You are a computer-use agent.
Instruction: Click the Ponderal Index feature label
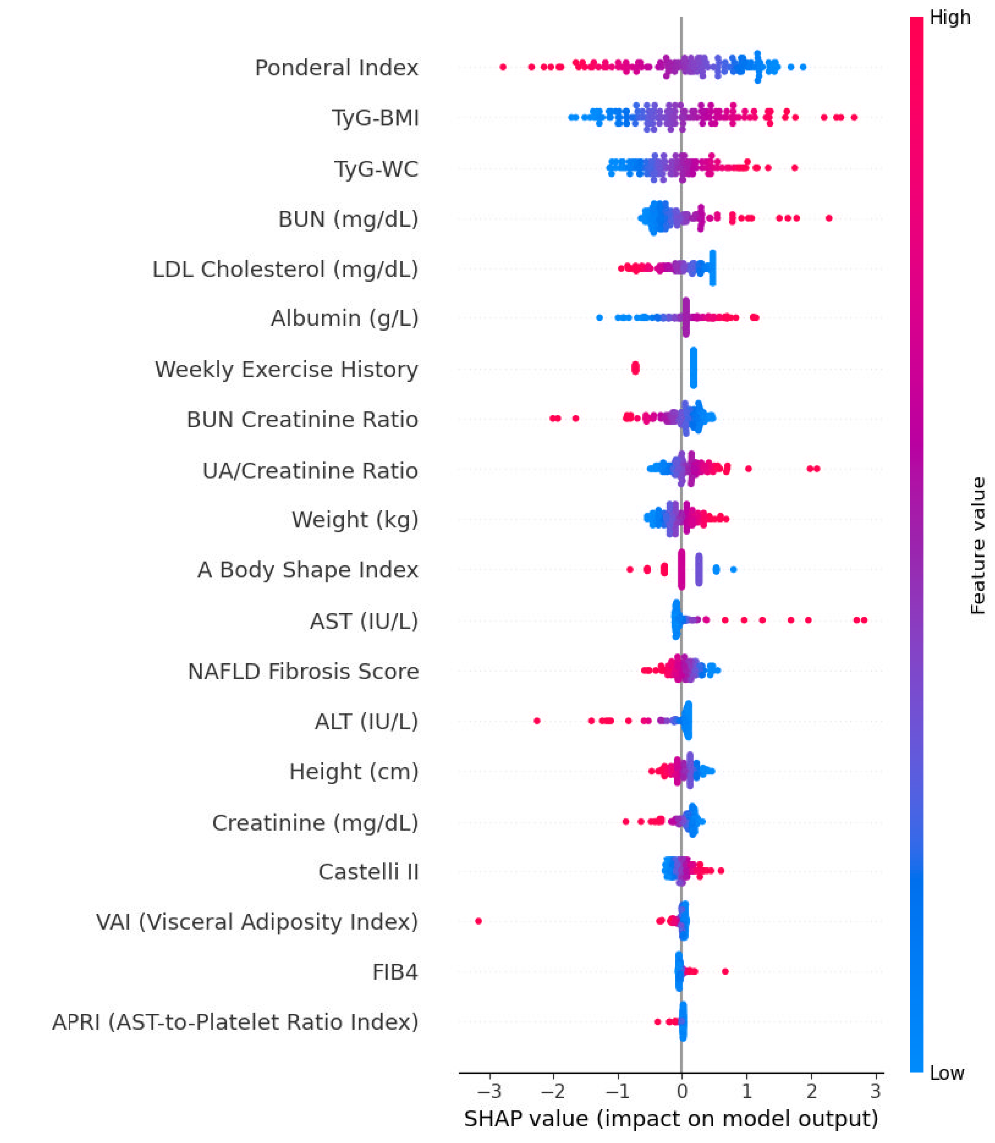(337, 68)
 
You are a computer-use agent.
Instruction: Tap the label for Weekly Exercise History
(286, 369)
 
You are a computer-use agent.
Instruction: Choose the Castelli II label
(368, 872)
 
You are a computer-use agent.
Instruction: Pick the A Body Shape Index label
(308, 570)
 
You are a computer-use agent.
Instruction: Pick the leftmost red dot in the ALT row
(537, 721)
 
